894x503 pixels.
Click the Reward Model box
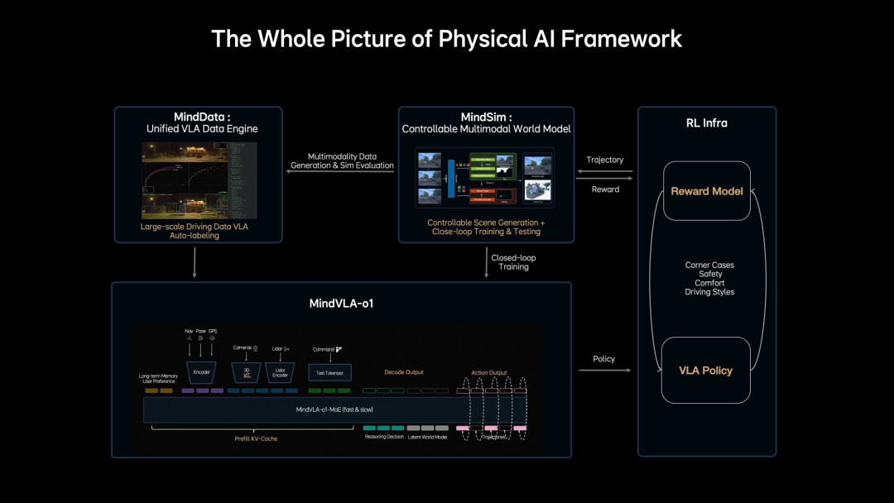707,191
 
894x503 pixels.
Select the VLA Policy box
705,370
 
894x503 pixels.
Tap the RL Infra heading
706,123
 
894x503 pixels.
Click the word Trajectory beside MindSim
604,160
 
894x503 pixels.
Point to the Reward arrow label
604,189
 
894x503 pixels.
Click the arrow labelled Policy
603,370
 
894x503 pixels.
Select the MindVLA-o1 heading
341,304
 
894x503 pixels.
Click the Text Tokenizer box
329,372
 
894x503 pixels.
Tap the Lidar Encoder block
280,371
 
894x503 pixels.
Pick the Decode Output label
403,371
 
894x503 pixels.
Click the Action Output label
489,372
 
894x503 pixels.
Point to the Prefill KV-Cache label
255,438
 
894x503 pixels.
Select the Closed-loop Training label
513,262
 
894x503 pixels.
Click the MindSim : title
486,117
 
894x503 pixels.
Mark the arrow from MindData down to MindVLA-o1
195,261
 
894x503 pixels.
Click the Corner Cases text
709,265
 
